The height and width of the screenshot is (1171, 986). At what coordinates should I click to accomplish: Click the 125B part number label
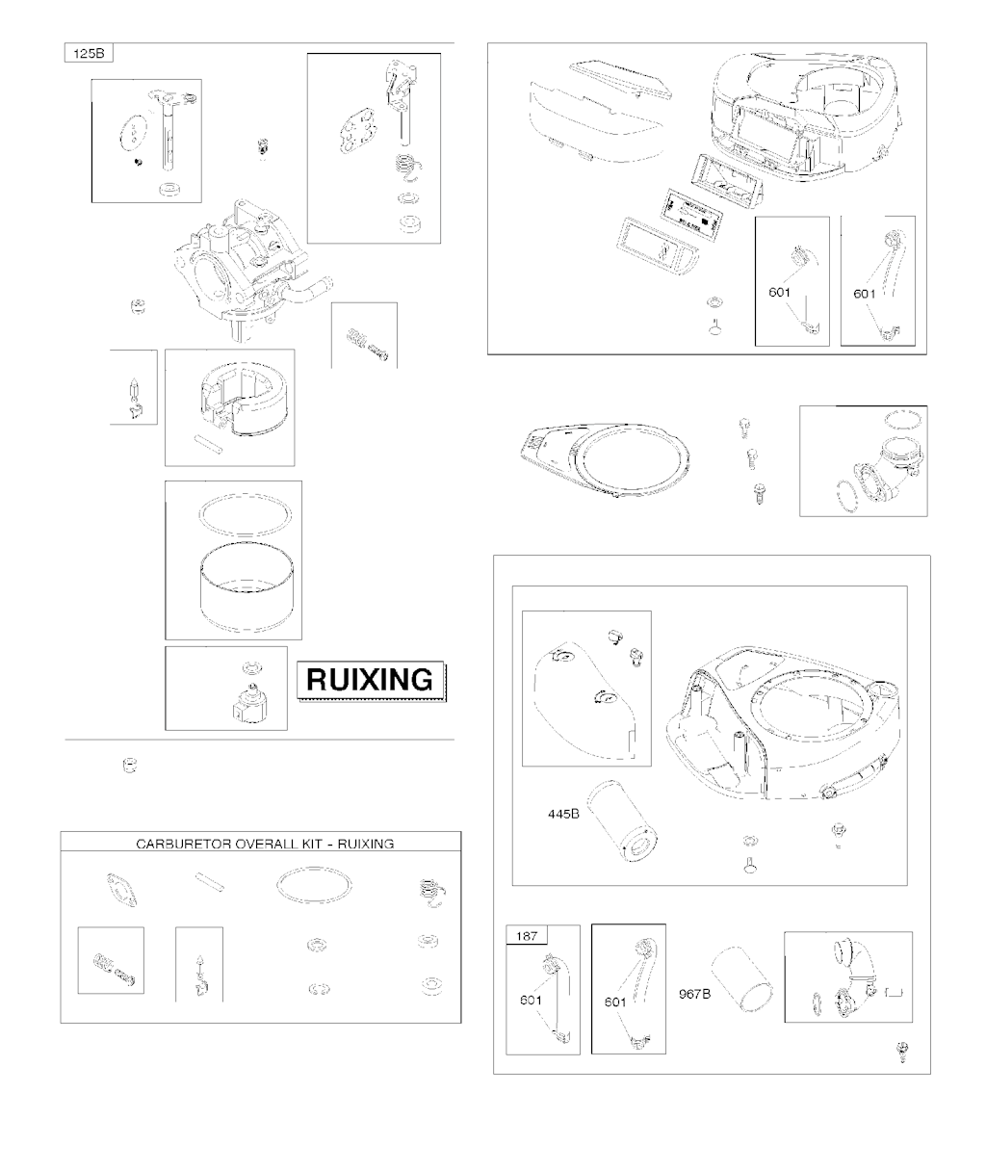click(x=89, y=53)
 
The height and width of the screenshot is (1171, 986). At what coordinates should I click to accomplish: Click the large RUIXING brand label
click(x=371, y=680)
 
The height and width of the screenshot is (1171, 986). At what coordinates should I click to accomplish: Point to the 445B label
click(x=563, y=814)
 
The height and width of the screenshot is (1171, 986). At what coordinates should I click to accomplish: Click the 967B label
click(x=694, y=995)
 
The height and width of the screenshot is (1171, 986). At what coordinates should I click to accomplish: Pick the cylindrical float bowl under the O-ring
click(x=246, y=587)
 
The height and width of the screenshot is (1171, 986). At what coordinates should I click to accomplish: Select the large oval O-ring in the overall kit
click(x=314, y=886)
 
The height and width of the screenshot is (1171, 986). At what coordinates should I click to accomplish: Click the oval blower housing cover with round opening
click(x=605, y=458)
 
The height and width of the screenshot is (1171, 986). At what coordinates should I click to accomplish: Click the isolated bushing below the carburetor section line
click(x=130, y=766)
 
